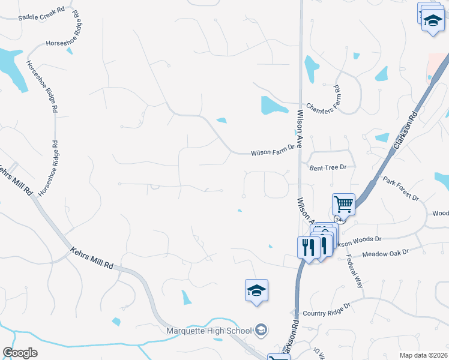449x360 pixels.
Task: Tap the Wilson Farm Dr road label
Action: (x=274, y=153)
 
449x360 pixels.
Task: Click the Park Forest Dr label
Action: (x=400, y=188)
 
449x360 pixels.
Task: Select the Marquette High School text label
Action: (x=209, y=331)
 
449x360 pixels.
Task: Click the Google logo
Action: (x=20, y=353)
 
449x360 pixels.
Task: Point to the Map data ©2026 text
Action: (x=423, y=355)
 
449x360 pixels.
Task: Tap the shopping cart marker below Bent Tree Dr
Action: (x=344, y=204)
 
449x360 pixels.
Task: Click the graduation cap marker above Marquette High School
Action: (x=257, y=291)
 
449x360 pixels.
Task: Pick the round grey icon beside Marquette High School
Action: (x=261, y=329)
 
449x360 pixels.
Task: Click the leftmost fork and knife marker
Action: (x=309, y=247)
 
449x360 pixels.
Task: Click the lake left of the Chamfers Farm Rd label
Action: (x=274, y=106)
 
